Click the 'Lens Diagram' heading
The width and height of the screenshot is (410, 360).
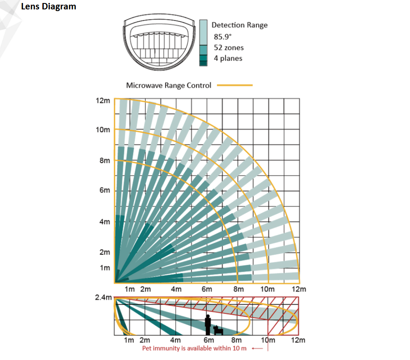(x=48, y=6)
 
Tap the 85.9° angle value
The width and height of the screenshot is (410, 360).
(x=223, y=36)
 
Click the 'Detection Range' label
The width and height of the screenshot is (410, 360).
(x=240, y=25)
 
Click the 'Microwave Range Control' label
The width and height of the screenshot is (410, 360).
(x=168, y=85)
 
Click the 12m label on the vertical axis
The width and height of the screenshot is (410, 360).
(x=102, y=101)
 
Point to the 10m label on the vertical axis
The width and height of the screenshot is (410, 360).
(x=102, y=130)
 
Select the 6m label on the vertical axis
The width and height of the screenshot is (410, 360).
(x=104, y=190)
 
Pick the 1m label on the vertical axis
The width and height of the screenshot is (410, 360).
(x=104, y=268)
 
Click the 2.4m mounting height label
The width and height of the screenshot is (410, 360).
(x=103, y=297)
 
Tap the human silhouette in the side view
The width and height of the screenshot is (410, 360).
(x=208, y=325)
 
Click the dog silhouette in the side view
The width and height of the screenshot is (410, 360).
(x=218, y=330)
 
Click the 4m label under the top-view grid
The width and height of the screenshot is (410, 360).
(x=176, y=289)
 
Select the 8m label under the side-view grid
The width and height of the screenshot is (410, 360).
(x=236, y=340)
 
